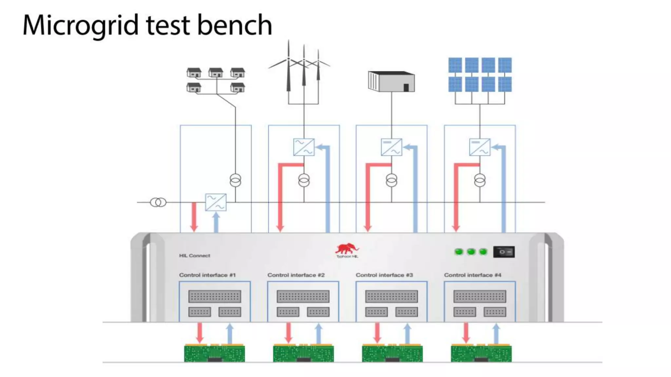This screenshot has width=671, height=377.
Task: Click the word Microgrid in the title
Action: point(81,26)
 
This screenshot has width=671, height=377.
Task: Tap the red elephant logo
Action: point(347,249)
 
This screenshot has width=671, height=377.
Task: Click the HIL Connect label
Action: point(195,256)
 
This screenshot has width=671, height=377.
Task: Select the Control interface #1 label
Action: point(207,275)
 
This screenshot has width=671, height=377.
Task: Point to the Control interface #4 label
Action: point(472,275)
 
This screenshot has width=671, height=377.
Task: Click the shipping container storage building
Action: point(391,81)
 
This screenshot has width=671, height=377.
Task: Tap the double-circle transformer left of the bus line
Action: point(158,202)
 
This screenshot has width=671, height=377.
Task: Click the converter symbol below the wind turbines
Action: point(304,147)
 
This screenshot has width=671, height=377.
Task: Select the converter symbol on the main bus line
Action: point(216,202)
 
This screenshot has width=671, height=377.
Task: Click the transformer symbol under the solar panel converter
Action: point(480,180)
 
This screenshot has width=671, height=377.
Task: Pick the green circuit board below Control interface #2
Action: point(303,353)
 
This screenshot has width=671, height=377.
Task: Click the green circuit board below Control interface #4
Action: point(481,353)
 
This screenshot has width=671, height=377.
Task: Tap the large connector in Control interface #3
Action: point(391,296)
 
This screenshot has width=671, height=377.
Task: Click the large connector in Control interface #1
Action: point(215,296)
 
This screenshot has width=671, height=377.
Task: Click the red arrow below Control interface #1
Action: point(200,333)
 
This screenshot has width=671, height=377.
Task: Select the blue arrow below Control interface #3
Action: point(407,333)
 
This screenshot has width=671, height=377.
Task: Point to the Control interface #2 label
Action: point(296,275)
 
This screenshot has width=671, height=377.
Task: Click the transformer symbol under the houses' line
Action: point(235,180)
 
